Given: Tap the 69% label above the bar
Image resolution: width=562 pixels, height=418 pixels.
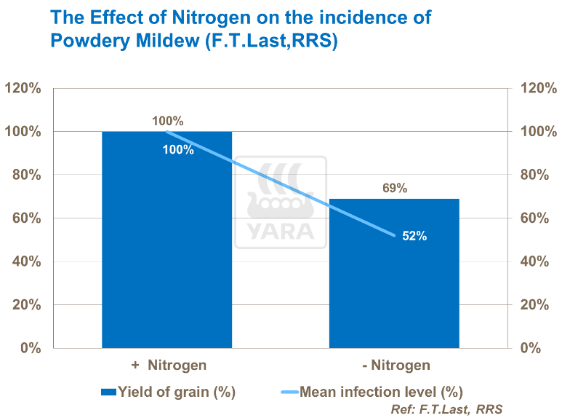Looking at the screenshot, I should pos(394,188).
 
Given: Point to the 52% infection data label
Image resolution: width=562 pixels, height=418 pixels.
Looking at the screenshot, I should pos(414,236).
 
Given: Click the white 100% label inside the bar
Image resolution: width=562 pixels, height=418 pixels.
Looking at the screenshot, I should pos(178,150).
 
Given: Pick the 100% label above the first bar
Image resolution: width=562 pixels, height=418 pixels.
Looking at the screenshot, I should pos(168,121).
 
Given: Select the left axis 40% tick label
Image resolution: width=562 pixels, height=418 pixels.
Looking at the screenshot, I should pos(25,261).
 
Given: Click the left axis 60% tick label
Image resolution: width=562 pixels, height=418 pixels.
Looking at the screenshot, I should pos(25,218).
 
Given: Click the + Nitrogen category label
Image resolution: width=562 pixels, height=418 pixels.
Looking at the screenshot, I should pos(169,365).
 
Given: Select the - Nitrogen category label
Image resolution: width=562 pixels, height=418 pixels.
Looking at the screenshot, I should pos(396,365).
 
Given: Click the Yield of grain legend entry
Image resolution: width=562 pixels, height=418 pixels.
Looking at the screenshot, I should pos(169,392).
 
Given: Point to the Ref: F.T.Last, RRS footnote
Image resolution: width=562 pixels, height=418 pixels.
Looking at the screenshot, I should pos(446,409).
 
